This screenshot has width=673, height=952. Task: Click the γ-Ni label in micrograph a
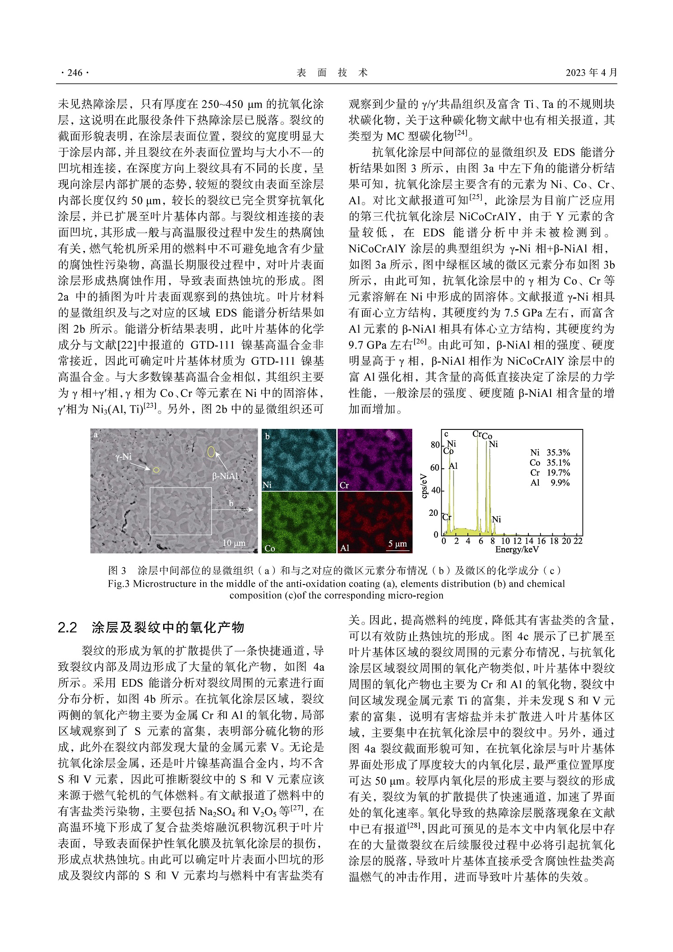pos(123,457)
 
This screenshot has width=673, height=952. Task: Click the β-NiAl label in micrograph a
pos(225,476)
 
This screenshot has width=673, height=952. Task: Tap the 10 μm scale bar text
pos(234,543)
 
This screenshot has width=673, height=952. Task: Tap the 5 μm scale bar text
pos(397,543)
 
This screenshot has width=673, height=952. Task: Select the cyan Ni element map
pos(299,459)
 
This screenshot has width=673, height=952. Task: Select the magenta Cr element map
pos(375,459)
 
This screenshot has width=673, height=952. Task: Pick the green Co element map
pos(299,522)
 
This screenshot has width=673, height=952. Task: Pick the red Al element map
pos(375,522)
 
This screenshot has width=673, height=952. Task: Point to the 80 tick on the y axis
pos(435,445)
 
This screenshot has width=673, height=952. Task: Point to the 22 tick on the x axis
pos(578,541)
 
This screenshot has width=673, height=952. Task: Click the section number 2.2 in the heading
pos(68,627)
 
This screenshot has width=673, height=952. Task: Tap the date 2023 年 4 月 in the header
pos(591,73)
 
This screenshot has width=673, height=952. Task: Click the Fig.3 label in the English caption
pos(119,584)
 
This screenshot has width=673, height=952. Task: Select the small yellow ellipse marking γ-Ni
pos(156,470)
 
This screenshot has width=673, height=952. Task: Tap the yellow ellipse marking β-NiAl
pos(211,452)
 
